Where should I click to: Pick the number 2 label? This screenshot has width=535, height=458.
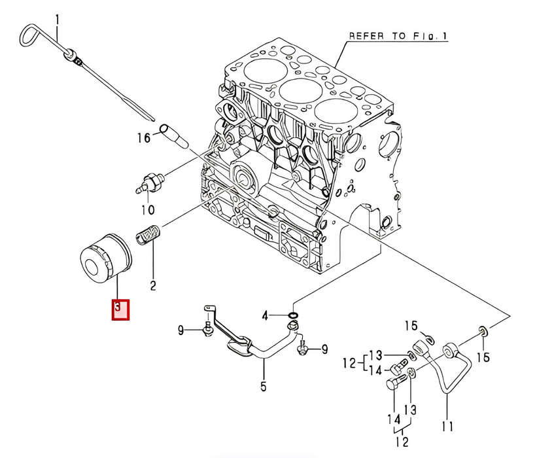tap(153, 285)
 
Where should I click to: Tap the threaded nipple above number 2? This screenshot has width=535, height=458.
tap(148, 234)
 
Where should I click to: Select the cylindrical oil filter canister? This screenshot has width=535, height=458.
tap(106, 258)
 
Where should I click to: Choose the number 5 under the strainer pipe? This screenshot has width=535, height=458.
tap(264, 386)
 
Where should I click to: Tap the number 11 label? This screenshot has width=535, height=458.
tap(447, 426)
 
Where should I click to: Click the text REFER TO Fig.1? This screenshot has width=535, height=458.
tap(398, 36)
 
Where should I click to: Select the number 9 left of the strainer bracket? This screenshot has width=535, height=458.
tap(181, 330)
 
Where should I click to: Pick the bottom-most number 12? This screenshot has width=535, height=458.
tap(403, 441)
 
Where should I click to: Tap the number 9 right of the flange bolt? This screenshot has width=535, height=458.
tap(324, 349)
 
